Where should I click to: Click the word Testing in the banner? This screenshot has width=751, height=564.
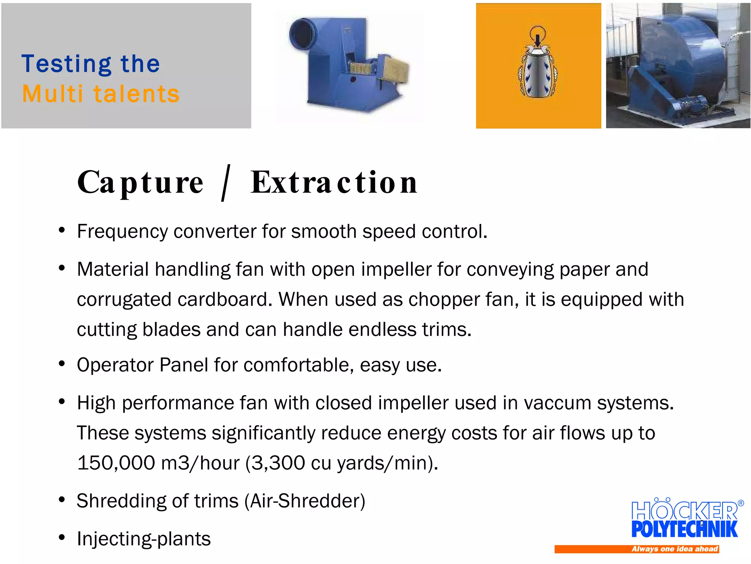(66, 64)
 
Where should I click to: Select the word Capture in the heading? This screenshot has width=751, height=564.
(140, 182)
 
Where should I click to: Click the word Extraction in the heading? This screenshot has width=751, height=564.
(334, 182)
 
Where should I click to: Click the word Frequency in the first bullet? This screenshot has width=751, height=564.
(122, 232)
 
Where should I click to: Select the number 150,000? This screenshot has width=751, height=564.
(116, 463)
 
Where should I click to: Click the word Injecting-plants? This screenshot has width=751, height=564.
(144, 539)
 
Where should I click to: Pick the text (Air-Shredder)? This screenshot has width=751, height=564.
(305, 501)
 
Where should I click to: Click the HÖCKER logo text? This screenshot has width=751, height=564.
(684, 510)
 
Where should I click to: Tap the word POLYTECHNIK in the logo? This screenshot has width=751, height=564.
(684, 529)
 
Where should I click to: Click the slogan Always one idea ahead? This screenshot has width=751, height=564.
(674, 549)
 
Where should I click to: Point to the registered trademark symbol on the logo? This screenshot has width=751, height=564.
(740, 503)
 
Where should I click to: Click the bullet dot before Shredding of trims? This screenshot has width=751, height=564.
(62, 500)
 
